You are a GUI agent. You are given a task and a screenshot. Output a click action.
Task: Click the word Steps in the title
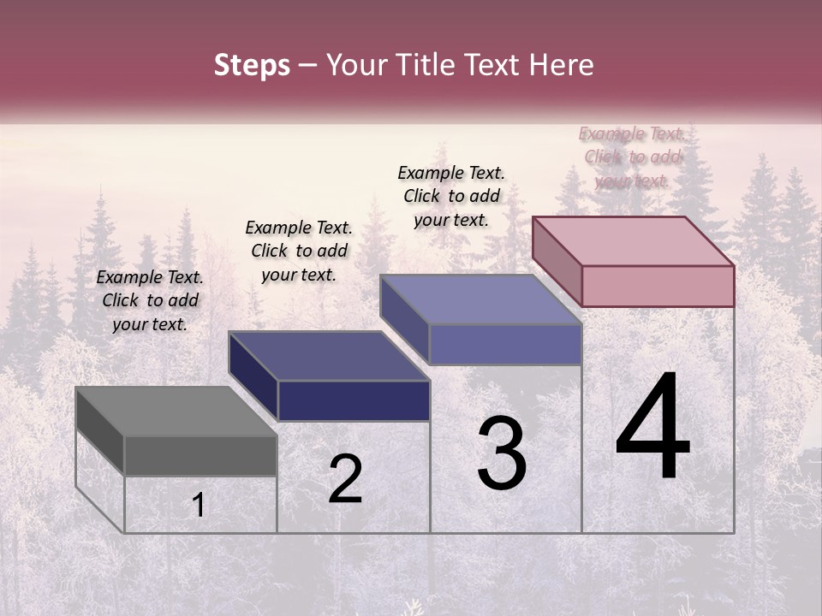(252, 65)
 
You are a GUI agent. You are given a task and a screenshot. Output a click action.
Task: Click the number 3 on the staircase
(502, 453)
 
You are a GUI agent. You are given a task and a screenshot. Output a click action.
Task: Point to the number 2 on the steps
(345, 480)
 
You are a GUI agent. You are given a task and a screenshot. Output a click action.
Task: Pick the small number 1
(198, 506)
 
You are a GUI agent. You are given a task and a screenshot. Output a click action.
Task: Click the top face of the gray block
(176, 412)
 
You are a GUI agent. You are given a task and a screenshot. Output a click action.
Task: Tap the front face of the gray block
(200, 455)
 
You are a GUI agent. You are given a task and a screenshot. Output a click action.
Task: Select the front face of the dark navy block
(354, 400)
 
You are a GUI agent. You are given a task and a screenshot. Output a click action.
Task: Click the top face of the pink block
(633, 240)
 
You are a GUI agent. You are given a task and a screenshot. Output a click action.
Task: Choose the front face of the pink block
(658, 286)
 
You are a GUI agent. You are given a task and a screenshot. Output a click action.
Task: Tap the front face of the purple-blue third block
(505, 344)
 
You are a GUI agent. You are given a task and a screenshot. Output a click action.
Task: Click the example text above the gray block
(150, 300)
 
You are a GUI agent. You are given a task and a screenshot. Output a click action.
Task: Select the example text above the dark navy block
(299, 251)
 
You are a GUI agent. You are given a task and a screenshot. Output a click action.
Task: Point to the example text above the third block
(451, 196)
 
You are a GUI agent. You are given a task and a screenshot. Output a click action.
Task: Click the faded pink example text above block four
(632, 157)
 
